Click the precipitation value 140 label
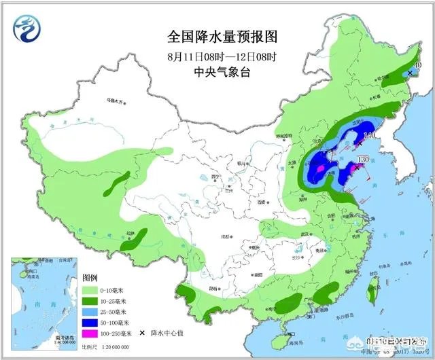click(x=370, y=137)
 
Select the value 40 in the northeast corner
click(x=417, y=66)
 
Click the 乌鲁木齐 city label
click(x=115, y=101)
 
